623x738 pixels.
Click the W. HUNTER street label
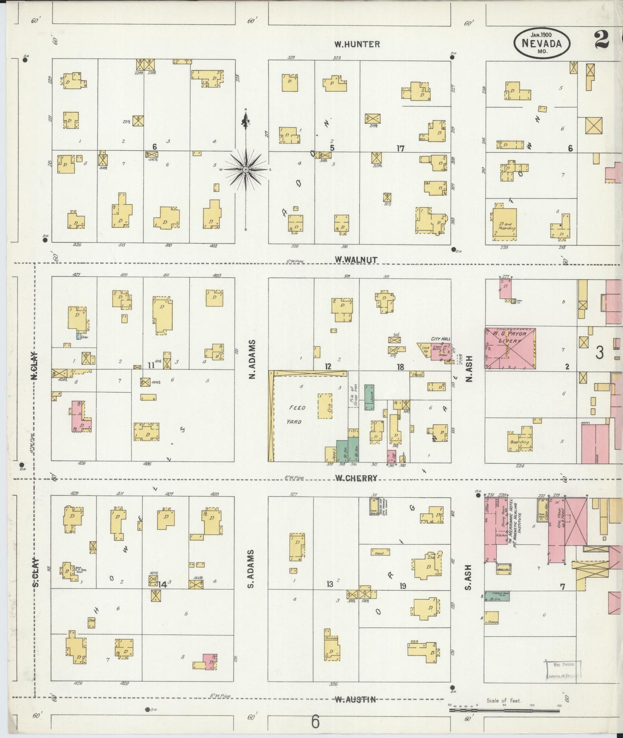coord(357,44)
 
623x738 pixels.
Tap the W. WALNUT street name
coord(356,260)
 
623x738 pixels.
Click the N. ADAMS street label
coord(252,360)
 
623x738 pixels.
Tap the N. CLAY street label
coord(34,366)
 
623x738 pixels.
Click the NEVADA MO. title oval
coord(542,43)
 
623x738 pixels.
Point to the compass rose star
coord(245,170)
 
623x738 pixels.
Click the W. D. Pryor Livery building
coord(510,348)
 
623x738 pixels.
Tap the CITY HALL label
coord(440,339)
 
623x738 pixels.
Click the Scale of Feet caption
coord(504,701)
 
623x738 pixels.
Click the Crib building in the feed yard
coord(325,406)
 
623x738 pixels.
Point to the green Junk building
coord(369,397)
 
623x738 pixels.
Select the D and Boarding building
coord(504,225)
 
